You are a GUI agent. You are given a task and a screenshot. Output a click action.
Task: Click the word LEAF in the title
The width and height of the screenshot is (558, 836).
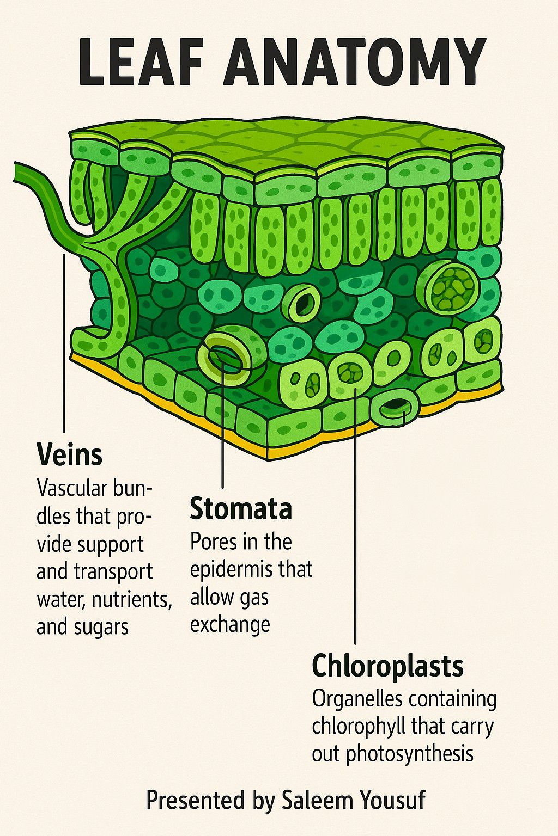coord(141,61)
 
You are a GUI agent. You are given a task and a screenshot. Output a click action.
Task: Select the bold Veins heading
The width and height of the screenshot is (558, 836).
coord(70,455)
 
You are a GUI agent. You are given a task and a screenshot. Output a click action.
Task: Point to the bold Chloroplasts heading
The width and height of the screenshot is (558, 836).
coord(387,666)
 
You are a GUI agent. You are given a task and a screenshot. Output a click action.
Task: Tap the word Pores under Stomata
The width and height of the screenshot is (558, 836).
coord(214,542)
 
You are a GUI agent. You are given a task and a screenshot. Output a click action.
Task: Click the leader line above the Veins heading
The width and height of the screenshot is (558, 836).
coord(64,343)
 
